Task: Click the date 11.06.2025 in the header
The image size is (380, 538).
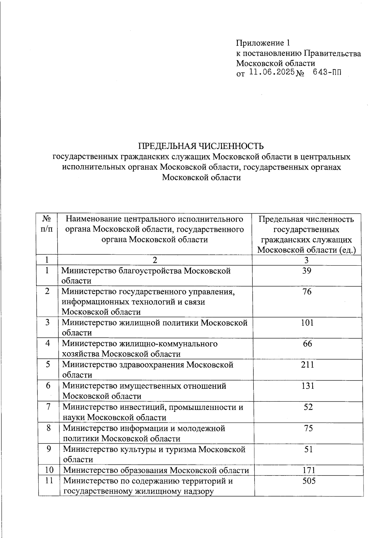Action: (272, 73)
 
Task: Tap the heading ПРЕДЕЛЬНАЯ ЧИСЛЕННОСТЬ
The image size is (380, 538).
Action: (201, 146)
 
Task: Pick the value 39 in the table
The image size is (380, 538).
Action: (307, 271)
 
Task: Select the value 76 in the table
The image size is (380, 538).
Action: (307, 292)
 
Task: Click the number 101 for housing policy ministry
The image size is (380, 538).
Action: (307, 323)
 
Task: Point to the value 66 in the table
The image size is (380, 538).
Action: (307, 344)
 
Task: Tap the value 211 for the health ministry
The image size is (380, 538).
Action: (307, 365)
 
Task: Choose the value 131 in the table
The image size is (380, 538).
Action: (308, 386)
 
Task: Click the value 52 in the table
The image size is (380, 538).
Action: (308, 407)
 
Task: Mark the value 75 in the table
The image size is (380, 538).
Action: (308, 428)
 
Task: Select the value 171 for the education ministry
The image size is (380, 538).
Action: (309, 470)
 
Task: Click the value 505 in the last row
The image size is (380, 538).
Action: (309, 481)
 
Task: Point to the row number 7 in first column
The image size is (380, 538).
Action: (48, 407)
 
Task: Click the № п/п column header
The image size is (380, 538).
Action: (47, 224)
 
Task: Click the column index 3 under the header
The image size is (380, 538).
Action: (306, 260)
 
